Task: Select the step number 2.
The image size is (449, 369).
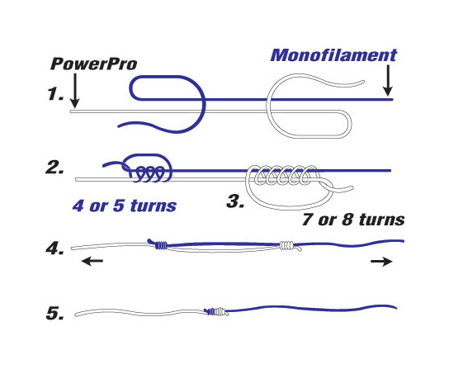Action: click(x=55, y=170)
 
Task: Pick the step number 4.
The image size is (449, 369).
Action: click(x=55, y=247)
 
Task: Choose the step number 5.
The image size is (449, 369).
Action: click(x=55, y=313)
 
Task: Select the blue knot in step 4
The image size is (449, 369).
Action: click(x=161, y=244)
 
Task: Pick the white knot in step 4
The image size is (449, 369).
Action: click(x=287, y=244)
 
